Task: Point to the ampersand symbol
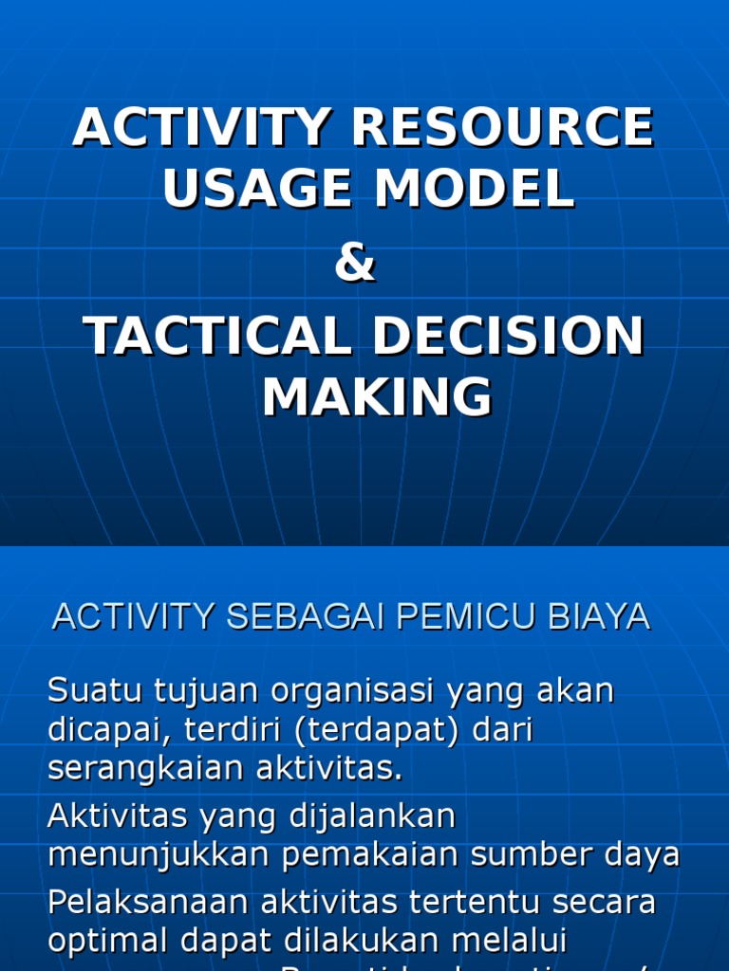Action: click(x=355, y=265)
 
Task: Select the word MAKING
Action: click(x=377, y=397)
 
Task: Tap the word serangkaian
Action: click(x=145, y=769)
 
